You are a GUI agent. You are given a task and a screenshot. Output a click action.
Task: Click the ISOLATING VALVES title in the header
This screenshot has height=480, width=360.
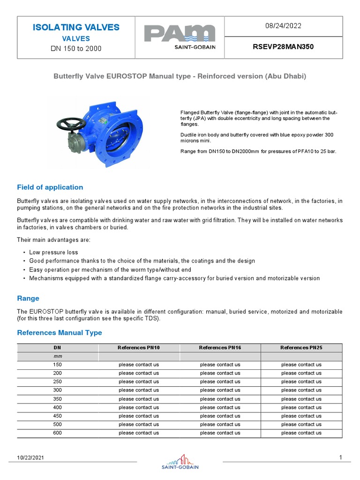(76, 27)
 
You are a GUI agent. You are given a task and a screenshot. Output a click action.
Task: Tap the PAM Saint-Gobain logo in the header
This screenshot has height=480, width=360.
(180, 37)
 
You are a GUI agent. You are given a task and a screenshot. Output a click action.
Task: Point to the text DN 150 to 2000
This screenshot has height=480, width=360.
(76, 49)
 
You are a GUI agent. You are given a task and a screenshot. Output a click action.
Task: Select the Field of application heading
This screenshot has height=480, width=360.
(50, 187)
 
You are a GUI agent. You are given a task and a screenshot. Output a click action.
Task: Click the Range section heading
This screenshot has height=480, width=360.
(28, 298)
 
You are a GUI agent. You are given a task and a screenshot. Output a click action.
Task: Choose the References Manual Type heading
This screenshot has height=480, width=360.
(59, 332)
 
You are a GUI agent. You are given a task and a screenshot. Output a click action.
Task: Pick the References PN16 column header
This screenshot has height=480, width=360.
(220, 347)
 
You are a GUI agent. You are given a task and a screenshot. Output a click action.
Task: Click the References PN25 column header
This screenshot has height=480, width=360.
(301, 347)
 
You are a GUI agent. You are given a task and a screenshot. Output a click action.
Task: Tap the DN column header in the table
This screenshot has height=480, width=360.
(57, 347)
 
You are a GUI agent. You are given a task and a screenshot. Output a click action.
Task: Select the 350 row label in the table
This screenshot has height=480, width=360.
(57, 399)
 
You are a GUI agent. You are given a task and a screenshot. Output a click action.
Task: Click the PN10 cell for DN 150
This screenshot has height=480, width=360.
(139, 364)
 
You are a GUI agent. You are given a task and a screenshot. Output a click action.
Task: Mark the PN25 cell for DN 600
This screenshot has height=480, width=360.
(301, 433)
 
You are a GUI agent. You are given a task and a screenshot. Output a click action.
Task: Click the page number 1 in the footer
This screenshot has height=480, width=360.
(340, 457)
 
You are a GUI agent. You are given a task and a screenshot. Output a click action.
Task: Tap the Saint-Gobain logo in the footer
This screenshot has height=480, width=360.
(180, 461)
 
